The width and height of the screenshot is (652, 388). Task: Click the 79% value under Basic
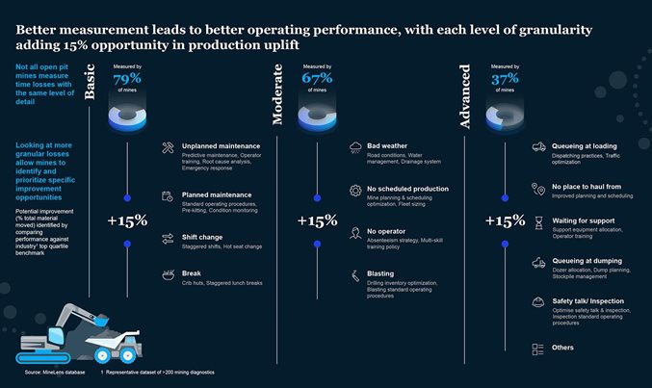126,79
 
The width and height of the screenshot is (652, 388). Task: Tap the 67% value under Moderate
318,79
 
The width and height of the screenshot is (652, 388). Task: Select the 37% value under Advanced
505,79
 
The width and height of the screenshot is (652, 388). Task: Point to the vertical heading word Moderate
279,95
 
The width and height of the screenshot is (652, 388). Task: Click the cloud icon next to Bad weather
356,147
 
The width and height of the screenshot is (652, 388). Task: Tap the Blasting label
383,274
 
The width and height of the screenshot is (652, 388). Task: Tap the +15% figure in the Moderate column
317,220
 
